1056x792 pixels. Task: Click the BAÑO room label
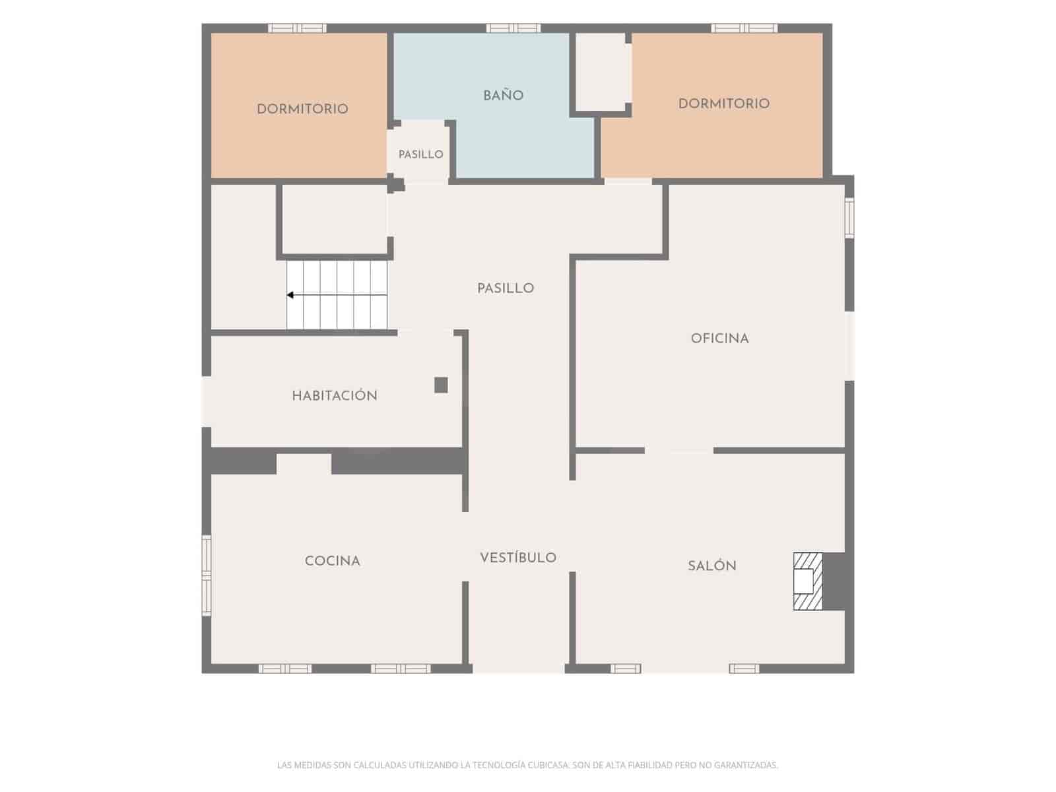pyautogui.click(x=503, y=96)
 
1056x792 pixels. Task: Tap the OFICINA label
pyautogui.click(x=719, y=339)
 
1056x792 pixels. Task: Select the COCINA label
pyautogui.click(x=333, y=561)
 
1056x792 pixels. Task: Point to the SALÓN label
pyautogui.click(x=712, y=566)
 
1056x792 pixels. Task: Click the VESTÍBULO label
pyautogui.click(x=518, y=557)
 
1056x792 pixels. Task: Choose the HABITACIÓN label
pyautogui.click(x=335, y=395)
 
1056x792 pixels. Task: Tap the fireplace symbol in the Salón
pyautogui.click(x=808, y=581)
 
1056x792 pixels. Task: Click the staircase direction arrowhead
pyautogui.click(x=290, y=295)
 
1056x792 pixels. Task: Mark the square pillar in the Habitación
pyautogui.click(x=441, y=385)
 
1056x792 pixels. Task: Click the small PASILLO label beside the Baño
pyautogui.click(x=421, y=154)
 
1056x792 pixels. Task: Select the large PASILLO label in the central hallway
pyautogui.click(x=506, y=288)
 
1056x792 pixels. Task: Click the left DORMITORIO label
pyautogui.click(x=302, y=109)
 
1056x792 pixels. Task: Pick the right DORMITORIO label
pyautogui.click(x=724, y=104)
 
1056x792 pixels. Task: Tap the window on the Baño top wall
pyautogui.click(x=513, y=28)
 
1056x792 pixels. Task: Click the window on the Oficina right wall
pyautogui.click(x=849, y=218)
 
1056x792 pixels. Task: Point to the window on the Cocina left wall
pyautogui.click(x=207, y=576)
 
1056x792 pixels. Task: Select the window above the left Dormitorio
pyautogui.click(x=297, y=28)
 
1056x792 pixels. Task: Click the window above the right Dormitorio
pyautogui.click(x=744, y=28)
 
